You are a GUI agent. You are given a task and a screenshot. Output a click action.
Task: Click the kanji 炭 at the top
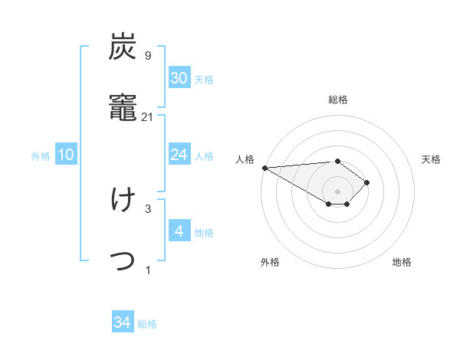coord(123,48)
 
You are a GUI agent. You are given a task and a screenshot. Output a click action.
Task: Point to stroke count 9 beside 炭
coord(147,55)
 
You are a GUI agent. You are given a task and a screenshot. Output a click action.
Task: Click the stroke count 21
coord(148,116)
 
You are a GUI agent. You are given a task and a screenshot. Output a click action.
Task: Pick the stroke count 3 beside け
coord(147,208)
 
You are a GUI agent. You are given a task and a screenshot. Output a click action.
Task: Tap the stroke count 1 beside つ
coord(147,269)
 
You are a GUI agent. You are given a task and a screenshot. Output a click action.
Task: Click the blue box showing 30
coord(179,78)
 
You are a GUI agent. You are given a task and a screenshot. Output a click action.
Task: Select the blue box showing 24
coord(179,155)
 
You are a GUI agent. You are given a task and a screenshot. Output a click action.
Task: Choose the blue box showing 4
coord(179,231)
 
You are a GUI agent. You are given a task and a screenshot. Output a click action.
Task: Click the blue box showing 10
coord(66,155)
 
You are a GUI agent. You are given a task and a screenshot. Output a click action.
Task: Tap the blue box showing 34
coord(123,322)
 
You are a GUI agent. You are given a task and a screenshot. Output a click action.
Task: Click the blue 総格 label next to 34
coord(147,324)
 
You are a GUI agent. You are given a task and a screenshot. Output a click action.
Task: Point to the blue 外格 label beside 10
coord(41,156)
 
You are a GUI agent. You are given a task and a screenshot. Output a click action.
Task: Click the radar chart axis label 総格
coord(337,100)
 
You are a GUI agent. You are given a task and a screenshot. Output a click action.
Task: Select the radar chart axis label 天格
coord(431,159)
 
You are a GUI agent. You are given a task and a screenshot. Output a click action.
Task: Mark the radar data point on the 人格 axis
coord(264,168)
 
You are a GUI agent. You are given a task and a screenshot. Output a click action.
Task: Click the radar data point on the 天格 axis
coord(367,182)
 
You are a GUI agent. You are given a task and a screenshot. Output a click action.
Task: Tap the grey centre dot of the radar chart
coord(337,191)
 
